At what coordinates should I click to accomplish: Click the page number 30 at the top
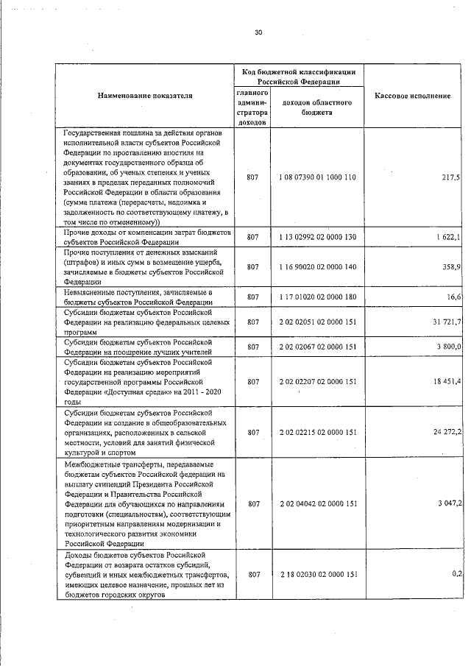click(258, 32)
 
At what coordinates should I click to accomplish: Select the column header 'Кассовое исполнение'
click(413, 96)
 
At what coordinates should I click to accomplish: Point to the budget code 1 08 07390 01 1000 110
click(317, 178)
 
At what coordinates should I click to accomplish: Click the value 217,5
click(450, 178)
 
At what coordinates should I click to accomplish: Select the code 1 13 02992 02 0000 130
click(317, 237)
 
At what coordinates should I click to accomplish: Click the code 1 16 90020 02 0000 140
click(317, 267)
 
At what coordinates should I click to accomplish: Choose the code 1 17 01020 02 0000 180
click(317, 297)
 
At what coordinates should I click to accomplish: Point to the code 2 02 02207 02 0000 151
click(317, 381)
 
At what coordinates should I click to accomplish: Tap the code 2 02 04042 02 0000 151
click(317, 503)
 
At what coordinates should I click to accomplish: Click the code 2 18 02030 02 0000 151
click(317, 574)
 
